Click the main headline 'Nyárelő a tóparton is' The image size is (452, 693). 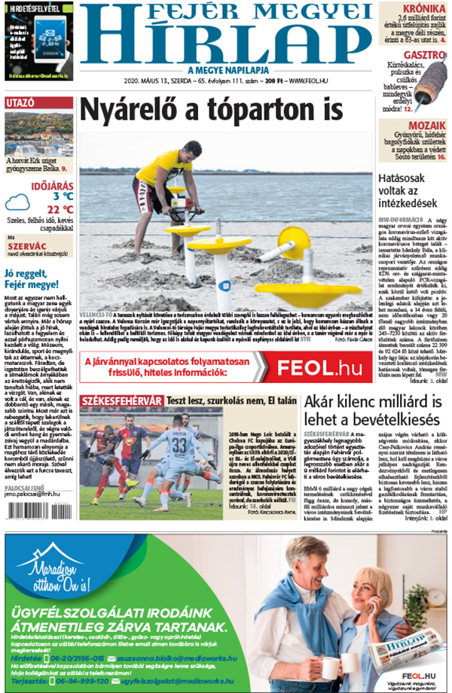pyautogui.click(x=206, y=109)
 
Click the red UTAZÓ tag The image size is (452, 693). pyautogui.click(x=20, y=103)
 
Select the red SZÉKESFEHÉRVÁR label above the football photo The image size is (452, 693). pyautogui.click(x=121, y=401)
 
